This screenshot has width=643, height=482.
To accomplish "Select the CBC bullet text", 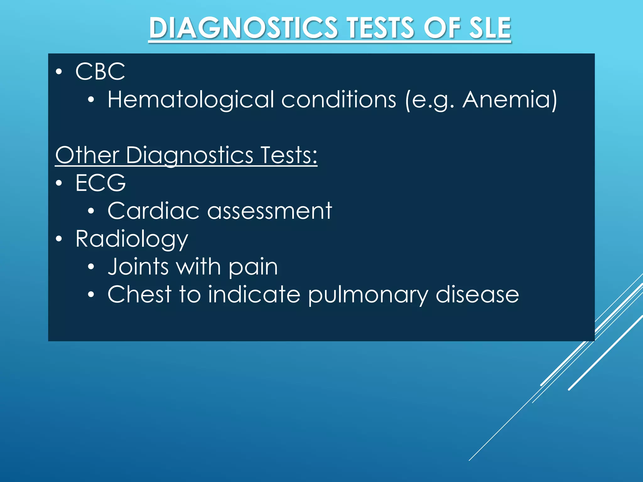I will [100, 71].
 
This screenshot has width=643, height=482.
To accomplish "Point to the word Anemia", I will [506, 99].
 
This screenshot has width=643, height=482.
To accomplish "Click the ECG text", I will [100, 183].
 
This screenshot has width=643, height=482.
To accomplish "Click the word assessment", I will [269, 211].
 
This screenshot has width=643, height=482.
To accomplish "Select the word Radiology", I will [132, 239].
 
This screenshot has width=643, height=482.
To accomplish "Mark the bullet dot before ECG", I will [59, 183].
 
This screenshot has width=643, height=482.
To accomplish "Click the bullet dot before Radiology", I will [59, 239].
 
